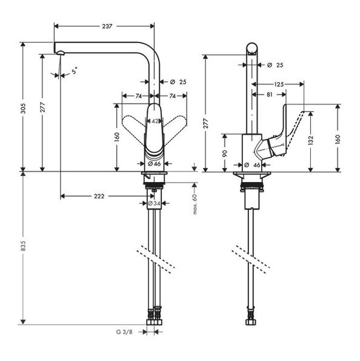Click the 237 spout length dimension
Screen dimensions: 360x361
coord(107,26)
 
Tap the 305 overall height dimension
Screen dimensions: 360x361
coord(23,109)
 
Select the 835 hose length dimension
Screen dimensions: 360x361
coord(23,246)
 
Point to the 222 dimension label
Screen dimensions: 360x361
coord(99,196)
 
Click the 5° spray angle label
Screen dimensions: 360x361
coord(75,70)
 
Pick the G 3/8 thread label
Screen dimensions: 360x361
coord(124,332)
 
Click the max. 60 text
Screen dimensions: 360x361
coord(195,204)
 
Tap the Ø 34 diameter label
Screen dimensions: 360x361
coord(154,203)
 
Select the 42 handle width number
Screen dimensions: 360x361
coord(156,121)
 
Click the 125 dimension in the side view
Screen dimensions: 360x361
coord(279,84)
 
